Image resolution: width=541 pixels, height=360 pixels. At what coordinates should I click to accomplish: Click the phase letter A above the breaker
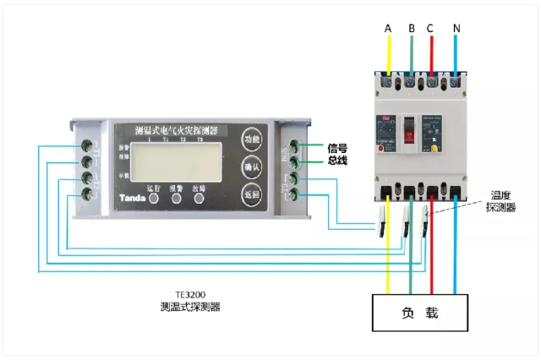tap(388, 29)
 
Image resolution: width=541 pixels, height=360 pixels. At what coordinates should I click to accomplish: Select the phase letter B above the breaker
tap(412, 29)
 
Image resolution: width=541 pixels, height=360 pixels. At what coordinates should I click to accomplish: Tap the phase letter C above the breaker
tap(430, 29)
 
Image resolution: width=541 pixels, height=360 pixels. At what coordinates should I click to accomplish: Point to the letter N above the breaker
tap(456, 29)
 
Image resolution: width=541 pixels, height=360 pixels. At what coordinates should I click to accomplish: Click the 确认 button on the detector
tap(251, 166)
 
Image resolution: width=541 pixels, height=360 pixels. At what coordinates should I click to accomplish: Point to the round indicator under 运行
tap(154, 200)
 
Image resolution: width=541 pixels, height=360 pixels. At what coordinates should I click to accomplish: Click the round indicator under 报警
tap(177, 200)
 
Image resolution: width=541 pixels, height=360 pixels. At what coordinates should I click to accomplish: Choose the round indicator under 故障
tap(199, 200)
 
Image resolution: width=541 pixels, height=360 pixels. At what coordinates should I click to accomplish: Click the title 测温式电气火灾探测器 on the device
tap(176, 131)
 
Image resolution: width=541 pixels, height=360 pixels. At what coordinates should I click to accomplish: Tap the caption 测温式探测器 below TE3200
tap(190, 308)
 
